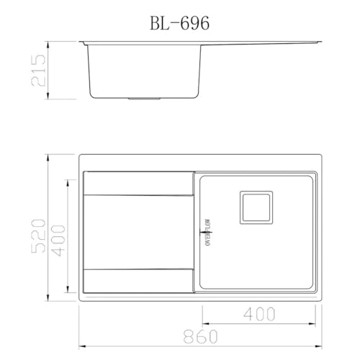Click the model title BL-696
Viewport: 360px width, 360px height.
click(x=179, y=23)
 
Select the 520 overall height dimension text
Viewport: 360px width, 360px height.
click(x=40, y=227)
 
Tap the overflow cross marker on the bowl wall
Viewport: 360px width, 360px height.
click(x=200, y=231)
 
